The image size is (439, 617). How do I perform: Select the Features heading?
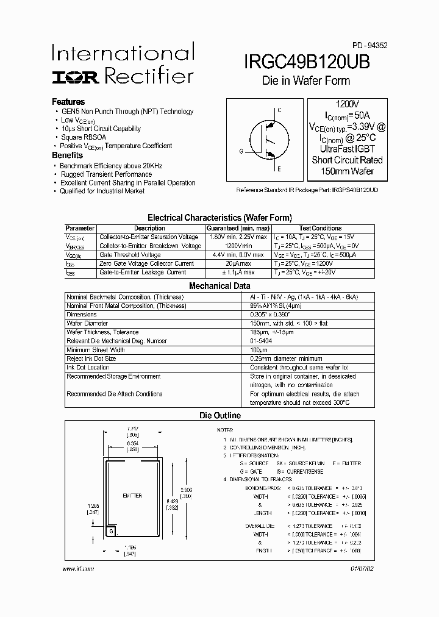point(68,102)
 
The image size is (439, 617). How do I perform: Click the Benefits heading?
point(67,155)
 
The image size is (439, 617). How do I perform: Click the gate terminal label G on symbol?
point(241,151)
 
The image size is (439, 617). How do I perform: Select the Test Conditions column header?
point(321,228)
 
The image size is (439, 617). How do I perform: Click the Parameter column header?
point(80,228)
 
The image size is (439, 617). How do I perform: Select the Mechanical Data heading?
point(220,285)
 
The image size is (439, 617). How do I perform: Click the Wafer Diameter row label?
point(88,323)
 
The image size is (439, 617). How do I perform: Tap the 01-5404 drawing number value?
point(261,341)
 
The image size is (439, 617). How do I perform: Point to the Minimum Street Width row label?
point(96,350)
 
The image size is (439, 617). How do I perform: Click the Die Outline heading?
point(220,416)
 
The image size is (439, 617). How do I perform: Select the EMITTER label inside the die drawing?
point(133,496)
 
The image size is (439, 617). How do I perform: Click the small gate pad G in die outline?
point(111,531)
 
